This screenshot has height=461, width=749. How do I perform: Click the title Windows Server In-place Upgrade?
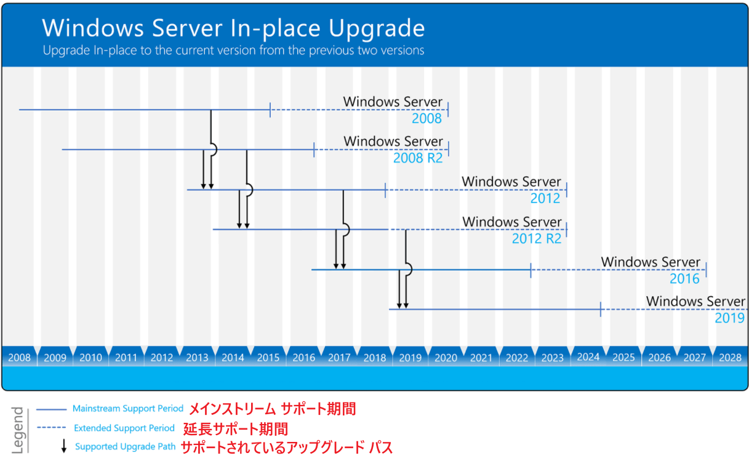pos(233,28)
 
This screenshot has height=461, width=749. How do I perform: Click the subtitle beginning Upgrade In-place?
pos(233,50)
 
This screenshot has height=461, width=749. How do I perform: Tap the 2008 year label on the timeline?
pos(20,358)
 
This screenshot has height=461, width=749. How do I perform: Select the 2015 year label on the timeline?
pos(268,358)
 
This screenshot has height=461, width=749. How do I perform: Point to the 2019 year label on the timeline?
pos(411,358)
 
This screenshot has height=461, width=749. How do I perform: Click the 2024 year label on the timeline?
pos(588,357)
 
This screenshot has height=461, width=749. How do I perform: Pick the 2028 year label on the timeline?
pos(730,358)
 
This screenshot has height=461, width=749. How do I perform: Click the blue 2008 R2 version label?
pos(418,158)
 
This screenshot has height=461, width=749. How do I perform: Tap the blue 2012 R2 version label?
pos(537,238)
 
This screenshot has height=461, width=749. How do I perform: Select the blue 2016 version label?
pos(684,279)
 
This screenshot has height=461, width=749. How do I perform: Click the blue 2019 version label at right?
pos(729,318)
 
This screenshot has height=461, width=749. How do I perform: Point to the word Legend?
pos(18,430)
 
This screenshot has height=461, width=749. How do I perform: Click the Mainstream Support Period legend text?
pos(128,409)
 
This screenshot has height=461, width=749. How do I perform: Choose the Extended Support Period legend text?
pos(124,428)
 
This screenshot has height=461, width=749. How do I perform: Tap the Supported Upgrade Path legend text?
pos(125,447)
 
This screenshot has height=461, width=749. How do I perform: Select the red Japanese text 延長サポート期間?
pos(236,428)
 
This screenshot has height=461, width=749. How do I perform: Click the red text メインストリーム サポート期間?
pos(272,409)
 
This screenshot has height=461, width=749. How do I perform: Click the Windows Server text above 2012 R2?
pos(512,222)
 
